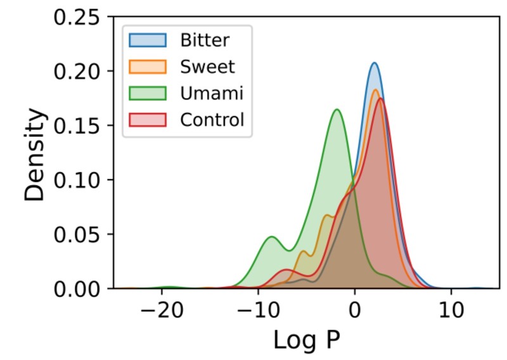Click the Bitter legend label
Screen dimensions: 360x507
point(205,40)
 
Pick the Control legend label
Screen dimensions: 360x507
point(211,120)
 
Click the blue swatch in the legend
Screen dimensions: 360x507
point(148,40)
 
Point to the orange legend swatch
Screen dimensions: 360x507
point(148,67)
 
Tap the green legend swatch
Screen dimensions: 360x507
point(148,93)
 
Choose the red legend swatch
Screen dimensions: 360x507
point(148,120)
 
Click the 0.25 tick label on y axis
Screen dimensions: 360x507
point(76,17)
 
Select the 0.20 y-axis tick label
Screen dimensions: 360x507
point(76,72)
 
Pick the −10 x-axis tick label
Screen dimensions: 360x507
point(258,309)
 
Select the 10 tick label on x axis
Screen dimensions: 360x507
point(451,309)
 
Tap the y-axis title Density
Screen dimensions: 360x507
point(36,154)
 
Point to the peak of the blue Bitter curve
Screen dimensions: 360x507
point(375,63)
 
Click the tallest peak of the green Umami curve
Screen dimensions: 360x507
point(337,110)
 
